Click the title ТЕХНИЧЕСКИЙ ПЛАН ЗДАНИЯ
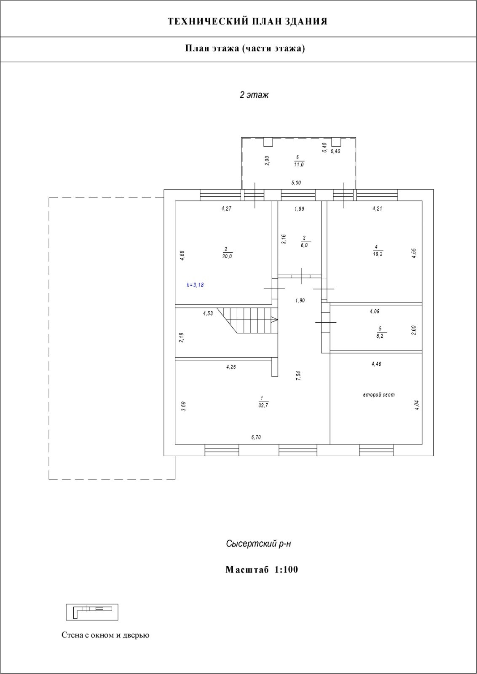[x=247, y=21]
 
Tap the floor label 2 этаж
[x=254, y=95]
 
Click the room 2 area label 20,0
[x=227, y=256]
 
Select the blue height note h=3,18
[x=195, y=285]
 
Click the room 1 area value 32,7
[x=263, y=406]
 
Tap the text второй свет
[x=379, y=395]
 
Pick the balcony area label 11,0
[x=298, y=165]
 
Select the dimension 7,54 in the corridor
[x=298, y=376]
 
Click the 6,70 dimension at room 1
[x=256, y=437]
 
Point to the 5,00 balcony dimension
[x=296, y=183]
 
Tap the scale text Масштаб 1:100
[x=261, y=570]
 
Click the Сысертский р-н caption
[x=258, y=544]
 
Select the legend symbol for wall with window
[x=92, y=612]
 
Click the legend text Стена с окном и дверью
[x=105, y=635]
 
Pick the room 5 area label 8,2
[x=381, y=336]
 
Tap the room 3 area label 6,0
[x=304, y=245]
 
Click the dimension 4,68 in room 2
[x=182, y=256]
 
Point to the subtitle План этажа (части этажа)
[x=245, y=48]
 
